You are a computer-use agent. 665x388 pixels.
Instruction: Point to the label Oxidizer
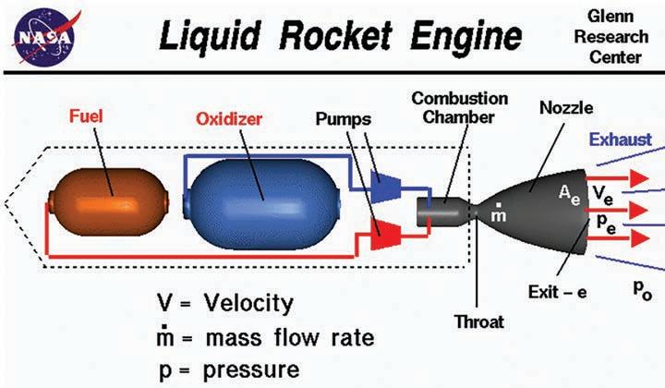231,119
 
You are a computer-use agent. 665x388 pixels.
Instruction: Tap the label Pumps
342,118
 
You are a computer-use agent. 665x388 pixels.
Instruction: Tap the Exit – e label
560,292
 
